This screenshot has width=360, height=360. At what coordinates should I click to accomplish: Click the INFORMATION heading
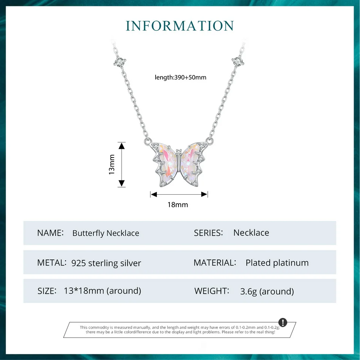click(180, 25)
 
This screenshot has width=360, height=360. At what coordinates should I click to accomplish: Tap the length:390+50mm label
click(180, 78)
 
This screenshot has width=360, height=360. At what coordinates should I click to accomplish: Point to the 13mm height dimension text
click(112, 165)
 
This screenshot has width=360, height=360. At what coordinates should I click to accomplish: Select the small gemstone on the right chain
click(238, 60)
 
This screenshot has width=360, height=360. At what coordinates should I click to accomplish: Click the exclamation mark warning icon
click(283, 322)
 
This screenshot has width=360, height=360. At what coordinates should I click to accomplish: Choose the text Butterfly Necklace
click(105, 233)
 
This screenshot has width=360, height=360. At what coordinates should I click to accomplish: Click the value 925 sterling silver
click(106, 263)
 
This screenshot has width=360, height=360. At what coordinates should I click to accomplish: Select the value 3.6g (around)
click(267, 291)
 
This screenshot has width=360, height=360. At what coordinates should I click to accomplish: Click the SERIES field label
click(208, 233)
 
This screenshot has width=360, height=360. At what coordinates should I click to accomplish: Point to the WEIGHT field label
click(211, 291)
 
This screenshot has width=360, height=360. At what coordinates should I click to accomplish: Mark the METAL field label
click(52, 263)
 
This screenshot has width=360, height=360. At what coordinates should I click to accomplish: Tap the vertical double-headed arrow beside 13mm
click(121, 165)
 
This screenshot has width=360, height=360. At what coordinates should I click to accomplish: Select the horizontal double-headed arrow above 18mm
click(179, 194)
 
